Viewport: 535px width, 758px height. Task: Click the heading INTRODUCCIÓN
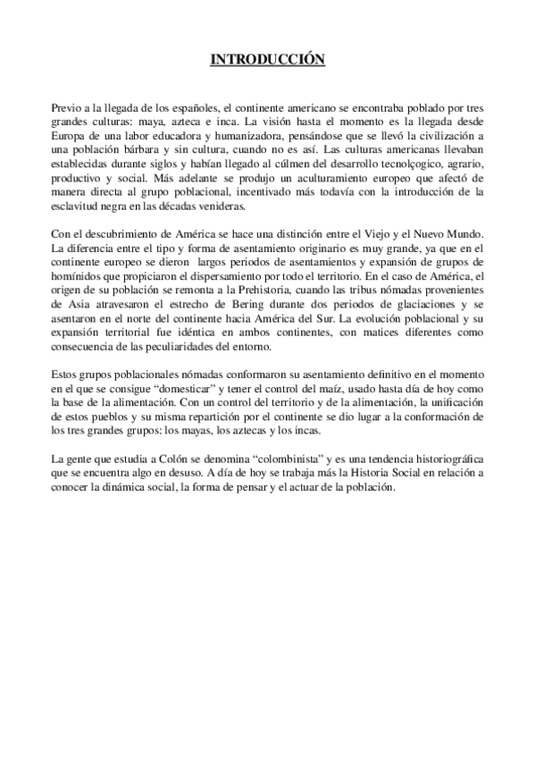point(267,60)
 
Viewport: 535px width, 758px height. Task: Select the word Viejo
point(383,234)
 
